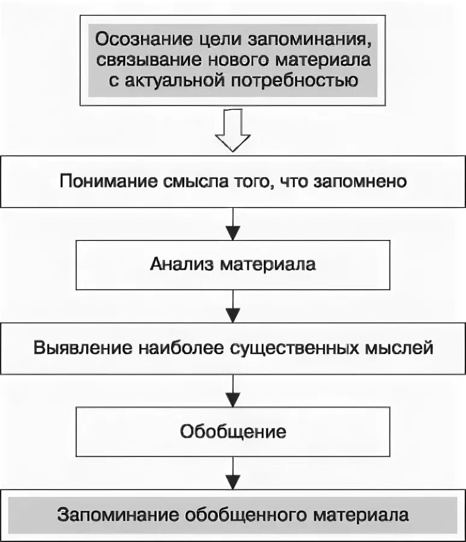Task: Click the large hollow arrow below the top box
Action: (x=233, y=130)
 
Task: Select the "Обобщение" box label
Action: (x=233, y=432)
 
